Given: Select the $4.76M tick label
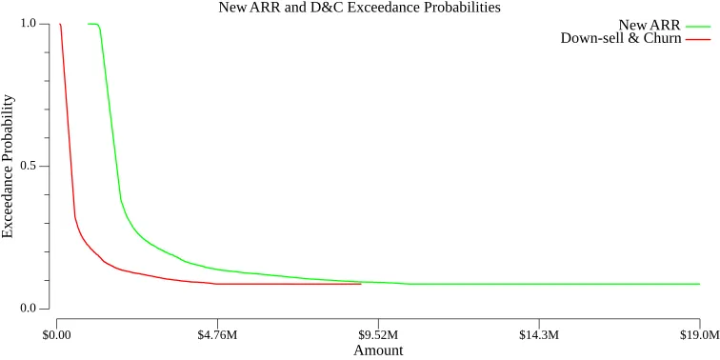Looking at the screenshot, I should coord(217,335).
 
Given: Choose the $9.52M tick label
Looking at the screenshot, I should coord(378,335).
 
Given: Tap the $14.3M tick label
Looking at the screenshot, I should coord(539,335).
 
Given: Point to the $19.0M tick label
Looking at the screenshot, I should coord(699,335).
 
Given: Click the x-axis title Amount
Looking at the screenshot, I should coord(378,350).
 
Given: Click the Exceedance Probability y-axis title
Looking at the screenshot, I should coord(9,167).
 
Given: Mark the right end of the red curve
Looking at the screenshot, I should coord(361,284).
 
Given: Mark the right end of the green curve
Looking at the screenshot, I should coord(700,284).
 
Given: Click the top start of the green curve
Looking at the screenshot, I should coord(89,24).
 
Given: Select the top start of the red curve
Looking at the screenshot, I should coord(59,24).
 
